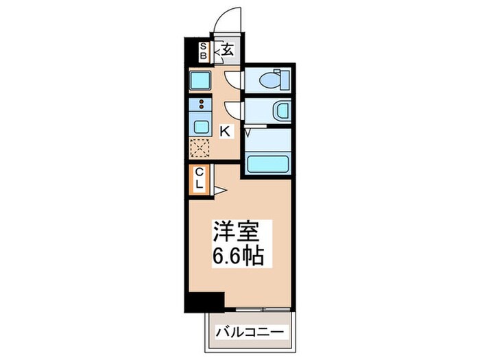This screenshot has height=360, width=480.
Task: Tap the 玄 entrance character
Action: pos(227,49)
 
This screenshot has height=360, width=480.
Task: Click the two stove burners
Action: pos(202,106)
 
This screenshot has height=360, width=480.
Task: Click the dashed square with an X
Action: pos(200,147)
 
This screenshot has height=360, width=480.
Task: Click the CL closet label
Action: pos(199,178)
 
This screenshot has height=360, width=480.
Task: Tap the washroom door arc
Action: pos(234,110)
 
